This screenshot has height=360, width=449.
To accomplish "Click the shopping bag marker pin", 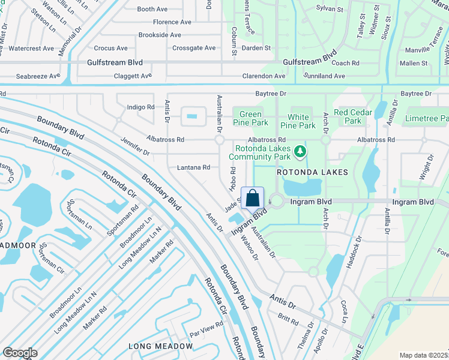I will (x=253, y=198).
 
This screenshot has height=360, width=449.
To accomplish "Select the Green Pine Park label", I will (x=250, y=118).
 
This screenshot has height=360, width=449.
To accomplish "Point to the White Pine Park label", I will (x=298, y=121).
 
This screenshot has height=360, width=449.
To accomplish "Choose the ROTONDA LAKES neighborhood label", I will (x=312, y=172).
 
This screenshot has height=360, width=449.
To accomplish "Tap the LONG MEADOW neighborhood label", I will (x=161, y=346).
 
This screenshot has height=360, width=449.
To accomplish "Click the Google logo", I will (x=20, y=353).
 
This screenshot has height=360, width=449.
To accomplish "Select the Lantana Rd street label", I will (x=193, y=167).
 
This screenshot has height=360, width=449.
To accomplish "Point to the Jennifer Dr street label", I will (x=134, y=142).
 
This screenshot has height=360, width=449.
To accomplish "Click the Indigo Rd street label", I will (x=141, y=107).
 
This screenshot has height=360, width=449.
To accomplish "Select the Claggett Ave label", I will (x=133, y=76).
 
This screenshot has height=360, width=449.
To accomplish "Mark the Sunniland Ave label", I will (x=324, y=76).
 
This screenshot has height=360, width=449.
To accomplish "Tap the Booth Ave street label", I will (x=152, y=10).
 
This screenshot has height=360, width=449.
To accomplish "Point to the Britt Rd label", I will (x=288, y=318).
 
